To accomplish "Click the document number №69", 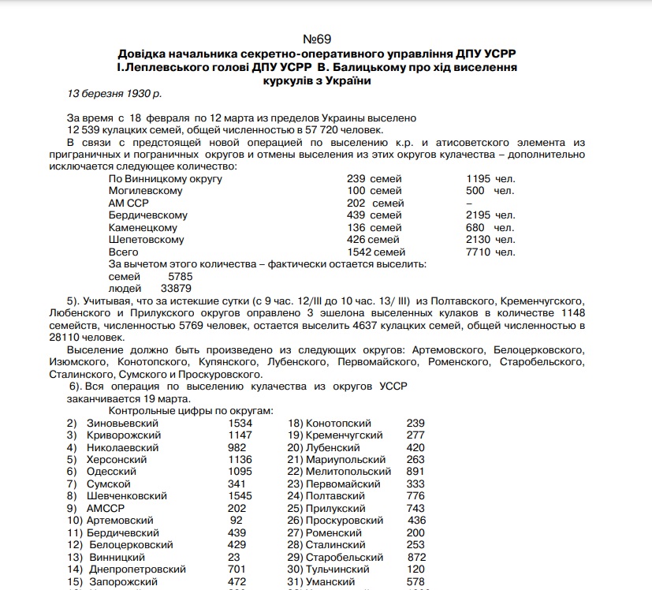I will (x=320, y=39).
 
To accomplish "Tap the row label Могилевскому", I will (x=146, y=191).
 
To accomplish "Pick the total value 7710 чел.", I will (x=490, y=252).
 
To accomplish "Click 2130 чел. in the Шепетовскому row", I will (x=490, y=240).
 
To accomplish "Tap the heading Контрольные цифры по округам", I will (x=191, y=411).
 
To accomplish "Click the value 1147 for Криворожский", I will (x=240, y=435).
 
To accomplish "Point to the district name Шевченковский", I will (x=127, y=496).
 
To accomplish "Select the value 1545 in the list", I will (x=240, y=496).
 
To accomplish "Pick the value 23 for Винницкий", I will (x=235, y=557).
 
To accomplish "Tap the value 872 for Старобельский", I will (x=415, y=557).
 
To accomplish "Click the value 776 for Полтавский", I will (x=415, y=496).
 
